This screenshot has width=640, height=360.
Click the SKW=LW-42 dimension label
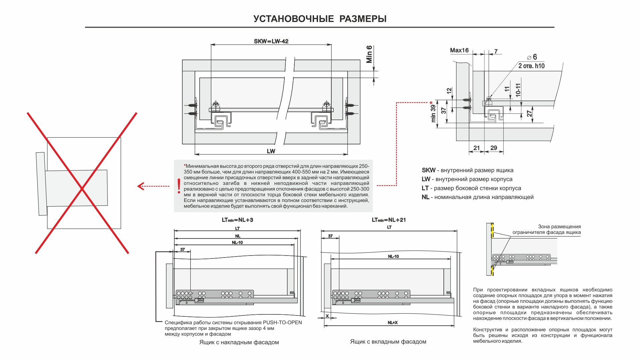(x=271, y=42)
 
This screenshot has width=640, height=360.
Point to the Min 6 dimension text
(x=369, y=54)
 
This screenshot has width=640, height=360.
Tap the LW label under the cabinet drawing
(x=271, y=151)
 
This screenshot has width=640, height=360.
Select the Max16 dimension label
(x=459, y=51)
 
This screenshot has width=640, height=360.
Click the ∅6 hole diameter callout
(x=532, y=57)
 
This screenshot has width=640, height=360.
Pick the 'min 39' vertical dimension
(x=433, y=113)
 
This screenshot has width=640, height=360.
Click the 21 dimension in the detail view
(x=477, y=148)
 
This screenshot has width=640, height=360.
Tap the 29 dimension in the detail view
(x=494, y=148)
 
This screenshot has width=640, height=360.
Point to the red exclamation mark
(x=179, y=186)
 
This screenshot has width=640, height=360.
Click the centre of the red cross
(x=82, y=188)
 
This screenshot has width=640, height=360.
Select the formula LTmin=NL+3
(x=238, y=220)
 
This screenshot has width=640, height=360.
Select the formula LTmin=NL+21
(x=389, y=220)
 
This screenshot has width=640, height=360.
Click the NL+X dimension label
(x=393, y=323)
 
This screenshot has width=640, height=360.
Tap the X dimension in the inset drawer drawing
(x=327, y=316)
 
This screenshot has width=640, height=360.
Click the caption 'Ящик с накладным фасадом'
(x=239, y=342)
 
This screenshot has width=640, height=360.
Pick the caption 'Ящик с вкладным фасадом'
(x=388, y=342)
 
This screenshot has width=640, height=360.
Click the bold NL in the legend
(x=425, y=197)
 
